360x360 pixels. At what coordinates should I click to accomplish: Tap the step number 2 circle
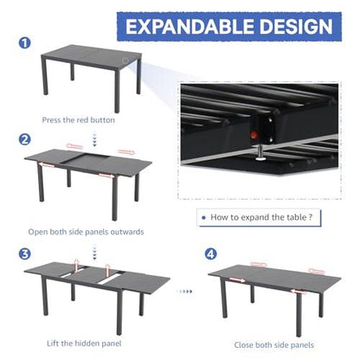[x=26, y=139]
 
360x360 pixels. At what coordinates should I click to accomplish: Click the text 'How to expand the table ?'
[x=261, y=220]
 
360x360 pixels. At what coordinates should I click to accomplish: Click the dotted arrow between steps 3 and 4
[x=184, y=291]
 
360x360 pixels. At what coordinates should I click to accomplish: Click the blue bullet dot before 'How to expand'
[x=202, y=220]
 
